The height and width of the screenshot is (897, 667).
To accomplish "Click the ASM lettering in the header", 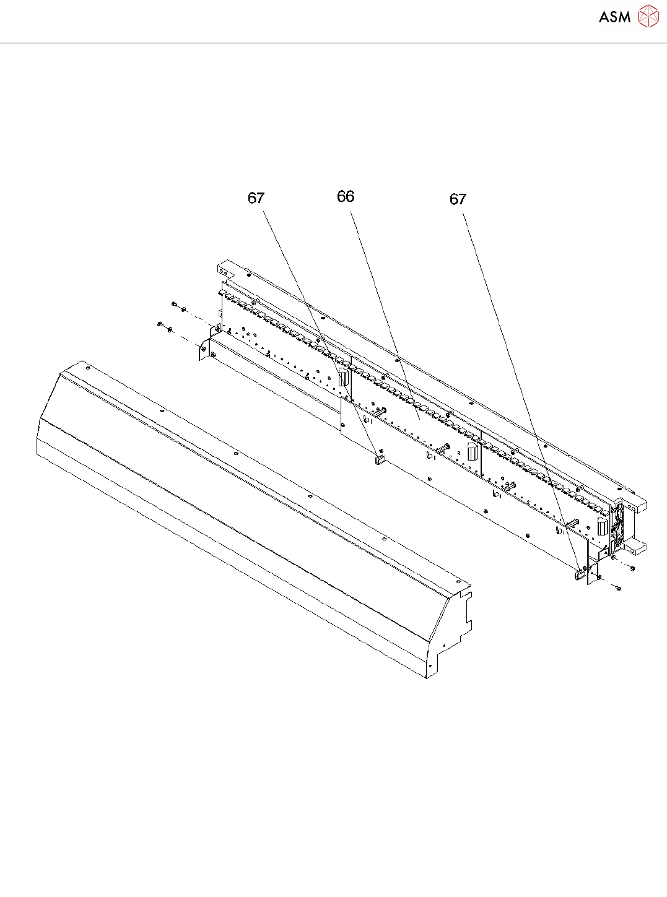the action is (x=614, y=17).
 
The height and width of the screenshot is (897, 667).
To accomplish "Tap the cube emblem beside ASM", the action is (x=648, y=16).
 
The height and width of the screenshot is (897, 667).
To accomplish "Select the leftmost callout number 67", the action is (x=256, y=198).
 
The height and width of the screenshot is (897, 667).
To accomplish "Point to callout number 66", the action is (x=346, y=197).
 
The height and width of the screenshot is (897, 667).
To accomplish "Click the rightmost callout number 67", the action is (x=458, y=199).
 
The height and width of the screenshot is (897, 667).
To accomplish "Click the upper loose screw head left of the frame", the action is (x=175, y=304).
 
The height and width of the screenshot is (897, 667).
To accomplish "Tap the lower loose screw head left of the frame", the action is (x=160, y=324).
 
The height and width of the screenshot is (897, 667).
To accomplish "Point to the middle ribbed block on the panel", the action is (x=473, y=451).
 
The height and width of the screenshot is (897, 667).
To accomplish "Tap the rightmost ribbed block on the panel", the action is (x=601, y=527).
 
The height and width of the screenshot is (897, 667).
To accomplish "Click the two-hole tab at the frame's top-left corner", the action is (x=224, y=270).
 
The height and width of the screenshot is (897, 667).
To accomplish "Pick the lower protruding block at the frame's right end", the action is (x=637, y=547).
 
